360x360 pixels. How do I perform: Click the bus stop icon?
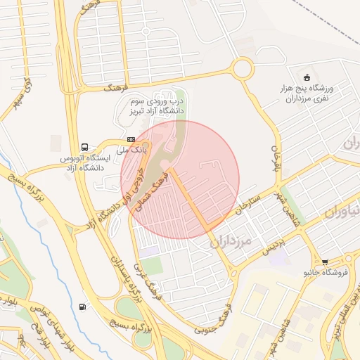pyautogui.click(x=85, y=148)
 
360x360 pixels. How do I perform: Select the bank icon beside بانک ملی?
pyautogui.click(x=131, y=140)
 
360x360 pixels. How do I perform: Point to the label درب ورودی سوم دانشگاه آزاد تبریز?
pyautogui.click(x=156, y=105)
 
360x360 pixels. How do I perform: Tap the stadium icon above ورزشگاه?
pyautogui.click(x=306, y=77)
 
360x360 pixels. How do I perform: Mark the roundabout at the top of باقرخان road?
pyautogui.click(x=243, y=68)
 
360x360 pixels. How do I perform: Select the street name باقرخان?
pyautogui.click(x=276, y=160)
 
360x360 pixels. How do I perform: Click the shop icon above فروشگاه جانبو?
pyautogui.click(x=325, y=262)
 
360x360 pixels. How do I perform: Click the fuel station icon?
pyautogui.click(x=84, y=306)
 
